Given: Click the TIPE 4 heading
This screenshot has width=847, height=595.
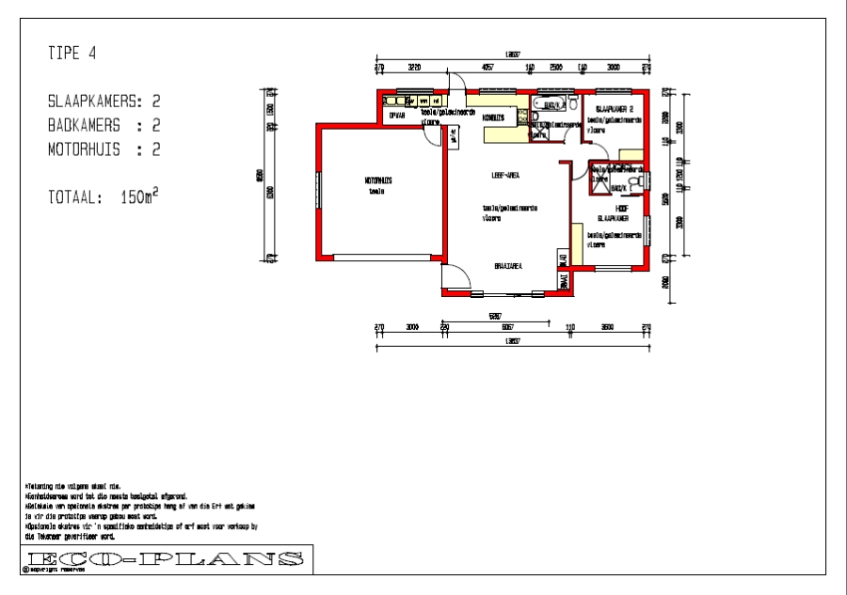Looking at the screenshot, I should pyautogui.click(x=72, y=54).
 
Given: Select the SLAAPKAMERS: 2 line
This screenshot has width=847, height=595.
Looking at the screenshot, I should pyautogui.click(x=104, y=101).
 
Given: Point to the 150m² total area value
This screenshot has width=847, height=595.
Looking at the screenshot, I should pyautogui.click(x=139, y=197).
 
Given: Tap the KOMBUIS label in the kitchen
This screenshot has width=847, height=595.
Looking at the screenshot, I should pyautogui.click(x=494, y=117).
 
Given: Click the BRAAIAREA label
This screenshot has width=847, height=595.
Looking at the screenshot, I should pyautogui.click(x=508, y=267).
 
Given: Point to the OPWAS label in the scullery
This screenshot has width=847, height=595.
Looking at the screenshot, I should pyautogui.click(x=397, y=115).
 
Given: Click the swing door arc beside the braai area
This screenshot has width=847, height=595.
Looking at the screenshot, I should pyautogui.click(x=457, y=279).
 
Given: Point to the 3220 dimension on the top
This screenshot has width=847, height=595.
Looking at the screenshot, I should pyautogui.click(x=413, y=68).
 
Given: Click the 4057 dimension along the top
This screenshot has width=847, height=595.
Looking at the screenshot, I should pyautogui.click(x=487, y=68).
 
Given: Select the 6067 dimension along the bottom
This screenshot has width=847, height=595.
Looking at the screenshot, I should pyautogui.click(x=507, y=326).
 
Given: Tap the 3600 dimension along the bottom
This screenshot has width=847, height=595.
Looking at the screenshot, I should pyautogui.click(x=607, y=326).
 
